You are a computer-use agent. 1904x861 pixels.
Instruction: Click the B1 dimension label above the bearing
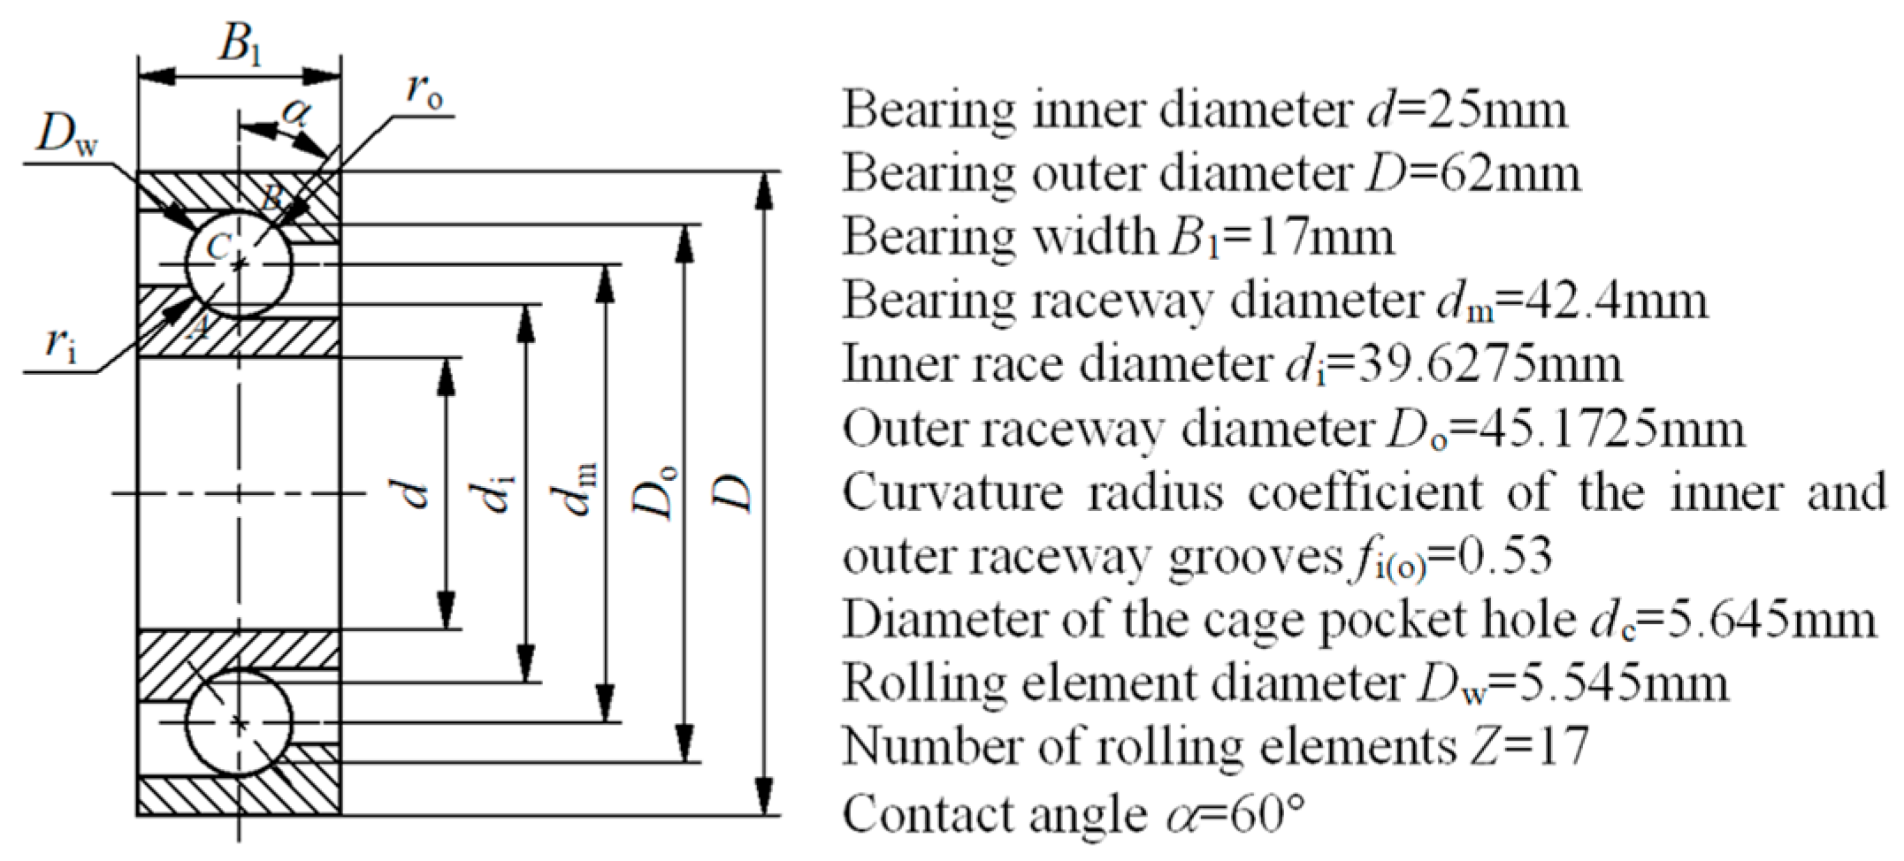pos(240,44)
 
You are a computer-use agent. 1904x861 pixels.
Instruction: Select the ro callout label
pos(424,92)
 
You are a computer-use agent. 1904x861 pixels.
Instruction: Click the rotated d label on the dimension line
pos(412,495)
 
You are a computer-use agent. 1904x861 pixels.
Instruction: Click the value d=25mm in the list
pos(1462,110)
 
